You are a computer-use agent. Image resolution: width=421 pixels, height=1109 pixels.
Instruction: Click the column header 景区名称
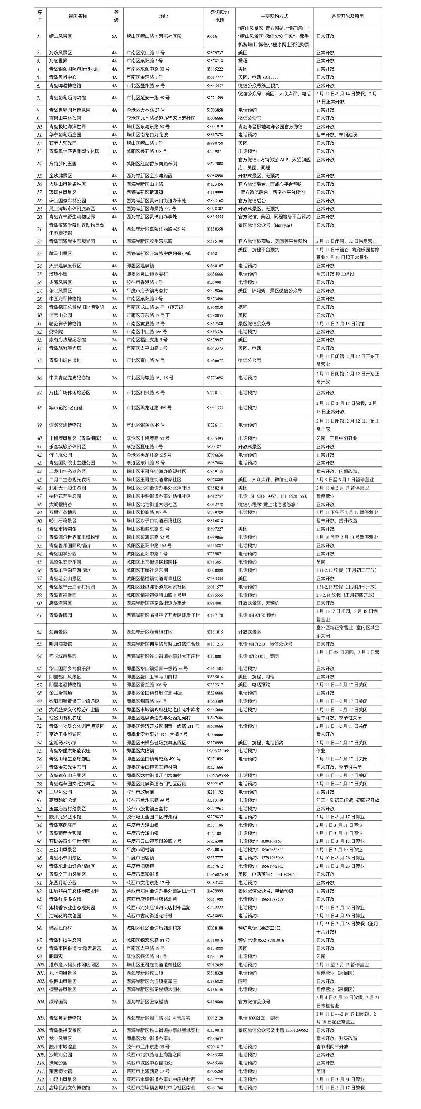tap(78, 16)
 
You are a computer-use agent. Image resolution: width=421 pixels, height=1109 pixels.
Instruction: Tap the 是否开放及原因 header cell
tap(347, 16)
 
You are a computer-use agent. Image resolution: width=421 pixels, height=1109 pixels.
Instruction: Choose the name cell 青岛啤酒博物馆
tap(65, 86)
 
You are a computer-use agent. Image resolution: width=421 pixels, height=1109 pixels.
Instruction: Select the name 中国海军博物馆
tap(65, 299)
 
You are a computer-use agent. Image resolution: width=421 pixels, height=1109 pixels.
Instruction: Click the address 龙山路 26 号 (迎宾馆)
tap(153, 307)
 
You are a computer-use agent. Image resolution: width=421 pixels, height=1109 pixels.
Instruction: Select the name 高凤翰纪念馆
tap(63, 800)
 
